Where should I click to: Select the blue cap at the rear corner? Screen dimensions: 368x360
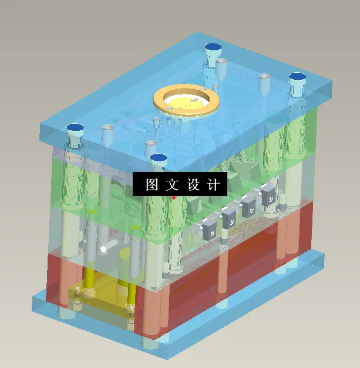point(212,47)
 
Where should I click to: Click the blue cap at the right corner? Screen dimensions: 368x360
point(297,77)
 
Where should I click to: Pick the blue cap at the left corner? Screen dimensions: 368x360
point(75,127)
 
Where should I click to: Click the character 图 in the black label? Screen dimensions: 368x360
point(152,185)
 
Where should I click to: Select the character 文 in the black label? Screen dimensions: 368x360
point(171,185)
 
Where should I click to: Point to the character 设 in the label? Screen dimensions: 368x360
point(193,185)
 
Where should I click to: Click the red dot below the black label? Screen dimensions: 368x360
point(174,198)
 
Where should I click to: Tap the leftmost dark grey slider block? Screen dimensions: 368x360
point(208,228)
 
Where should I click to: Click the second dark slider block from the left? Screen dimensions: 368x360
point(229,217)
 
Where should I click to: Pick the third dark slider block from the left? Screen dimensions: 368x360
point(249,204)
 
